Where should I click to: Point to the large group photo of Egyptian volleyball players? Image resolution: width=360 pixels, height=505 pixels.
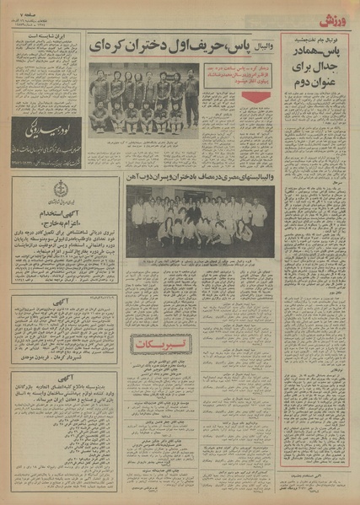(x=201, y=219)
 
